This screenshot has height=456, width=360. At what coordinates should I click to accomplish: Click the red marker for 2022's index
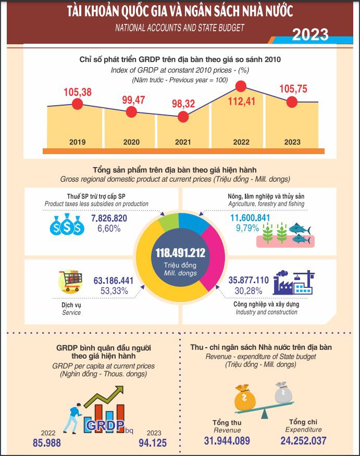[241, 86]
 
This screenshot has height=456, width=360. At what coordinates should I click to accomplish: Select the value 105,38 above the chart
[78, 92]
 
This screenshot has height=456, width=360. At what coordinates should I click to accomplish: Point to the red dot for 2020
[132, 111]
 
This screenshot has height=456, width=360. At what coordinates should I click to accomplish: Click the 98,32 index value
[183, 104]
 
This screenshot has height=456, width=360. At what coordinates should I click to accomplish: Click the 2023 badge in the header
[310, 34]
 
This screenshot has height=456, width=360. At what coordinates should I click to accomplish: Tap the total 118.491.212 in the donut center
[180, 253]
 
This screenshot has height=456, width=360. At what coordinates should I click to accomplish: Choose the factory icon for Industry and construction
[294, 283]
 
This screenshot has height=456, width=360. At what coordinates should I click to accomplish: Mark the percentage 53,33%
[114, 290]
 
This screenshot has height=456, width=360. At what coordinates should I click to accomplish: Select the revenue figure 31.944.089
[227, 441]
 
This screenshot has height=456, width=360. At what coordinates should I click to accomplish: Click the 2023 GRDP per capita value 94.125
[153, 443]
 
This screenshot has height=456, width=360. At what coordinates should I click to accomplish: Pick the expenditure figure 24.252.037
[303, 441]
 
